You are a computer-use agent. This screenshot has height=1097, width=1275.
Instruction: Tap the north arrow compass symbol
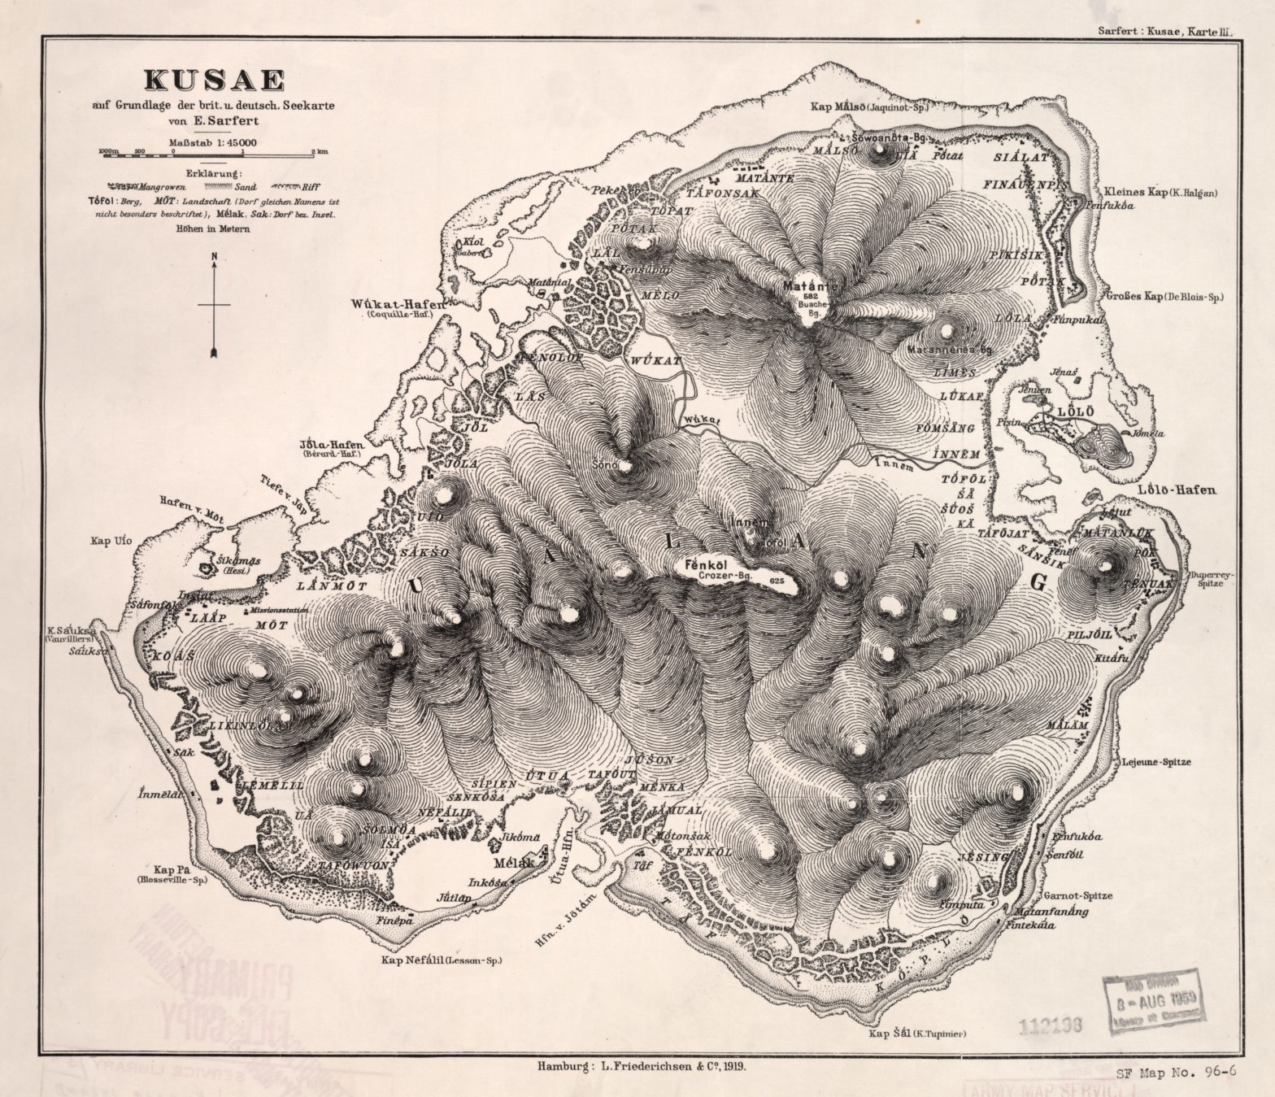pos(214,304)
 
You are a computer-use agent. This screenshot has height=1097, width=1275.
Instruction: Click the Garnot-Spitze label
pos(1079,895)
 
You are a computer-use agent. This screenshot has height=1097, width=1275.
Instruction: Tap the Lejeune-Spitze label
pos(1155,762)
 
